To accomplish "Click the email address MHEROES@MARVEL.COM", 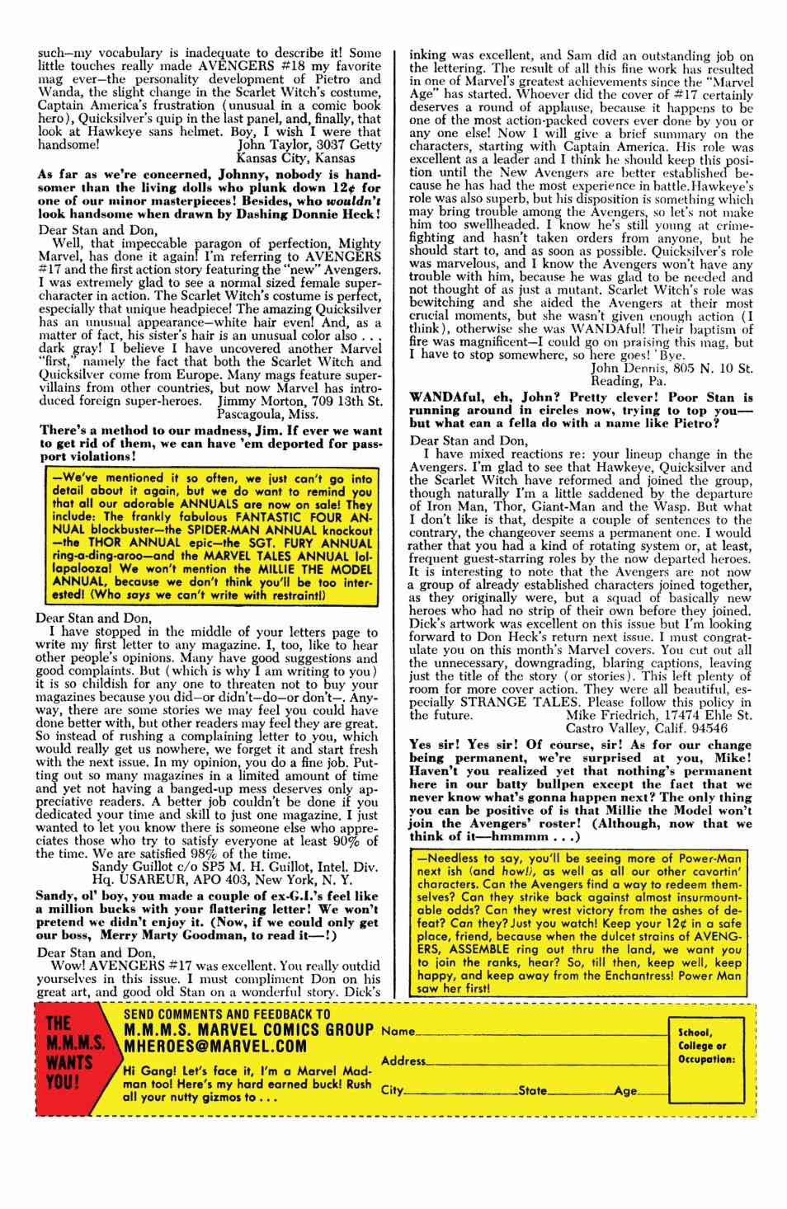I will click(214, 1046).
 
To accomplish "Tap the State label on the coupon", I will click(533, 1090).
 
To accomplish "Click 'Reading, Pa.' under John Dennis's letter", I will click(630, 381).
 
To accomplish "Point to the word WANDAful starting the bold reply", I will click(443, 397).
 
